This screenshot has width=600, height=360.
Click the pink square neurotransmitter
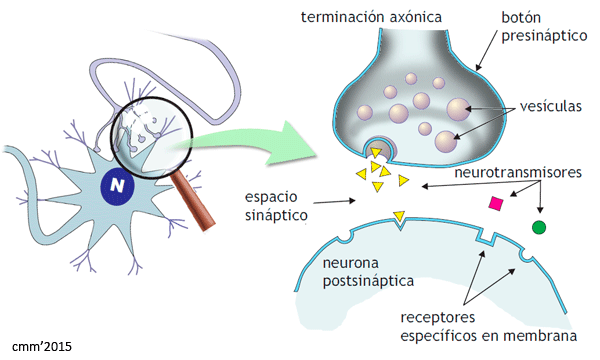click(x=493, y=204)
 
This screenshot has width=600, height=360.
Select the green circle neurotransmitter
click(x=540, y=228)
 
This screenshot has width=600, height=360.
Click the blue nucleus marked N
click(x=117, y=184)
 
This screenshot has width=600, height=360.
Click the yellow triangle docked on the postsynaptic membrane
click(x=400, y=215)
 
